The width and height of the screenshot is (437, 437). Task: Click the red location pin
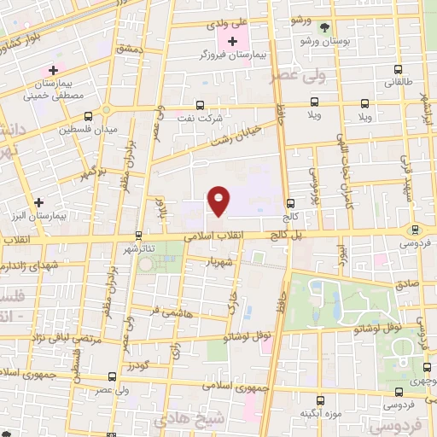(219, 201)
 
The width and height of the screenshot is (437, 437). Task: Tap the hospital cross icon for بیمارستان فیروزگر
(232, 41)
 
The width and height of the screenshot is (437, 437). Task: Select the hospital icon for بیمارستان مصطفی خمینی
(55, 70)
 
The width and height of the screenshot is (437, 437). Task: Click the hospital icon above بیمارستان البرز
(38, 202)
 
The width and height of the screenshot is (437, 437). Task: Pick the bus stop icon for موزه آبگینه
(320, 399)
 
